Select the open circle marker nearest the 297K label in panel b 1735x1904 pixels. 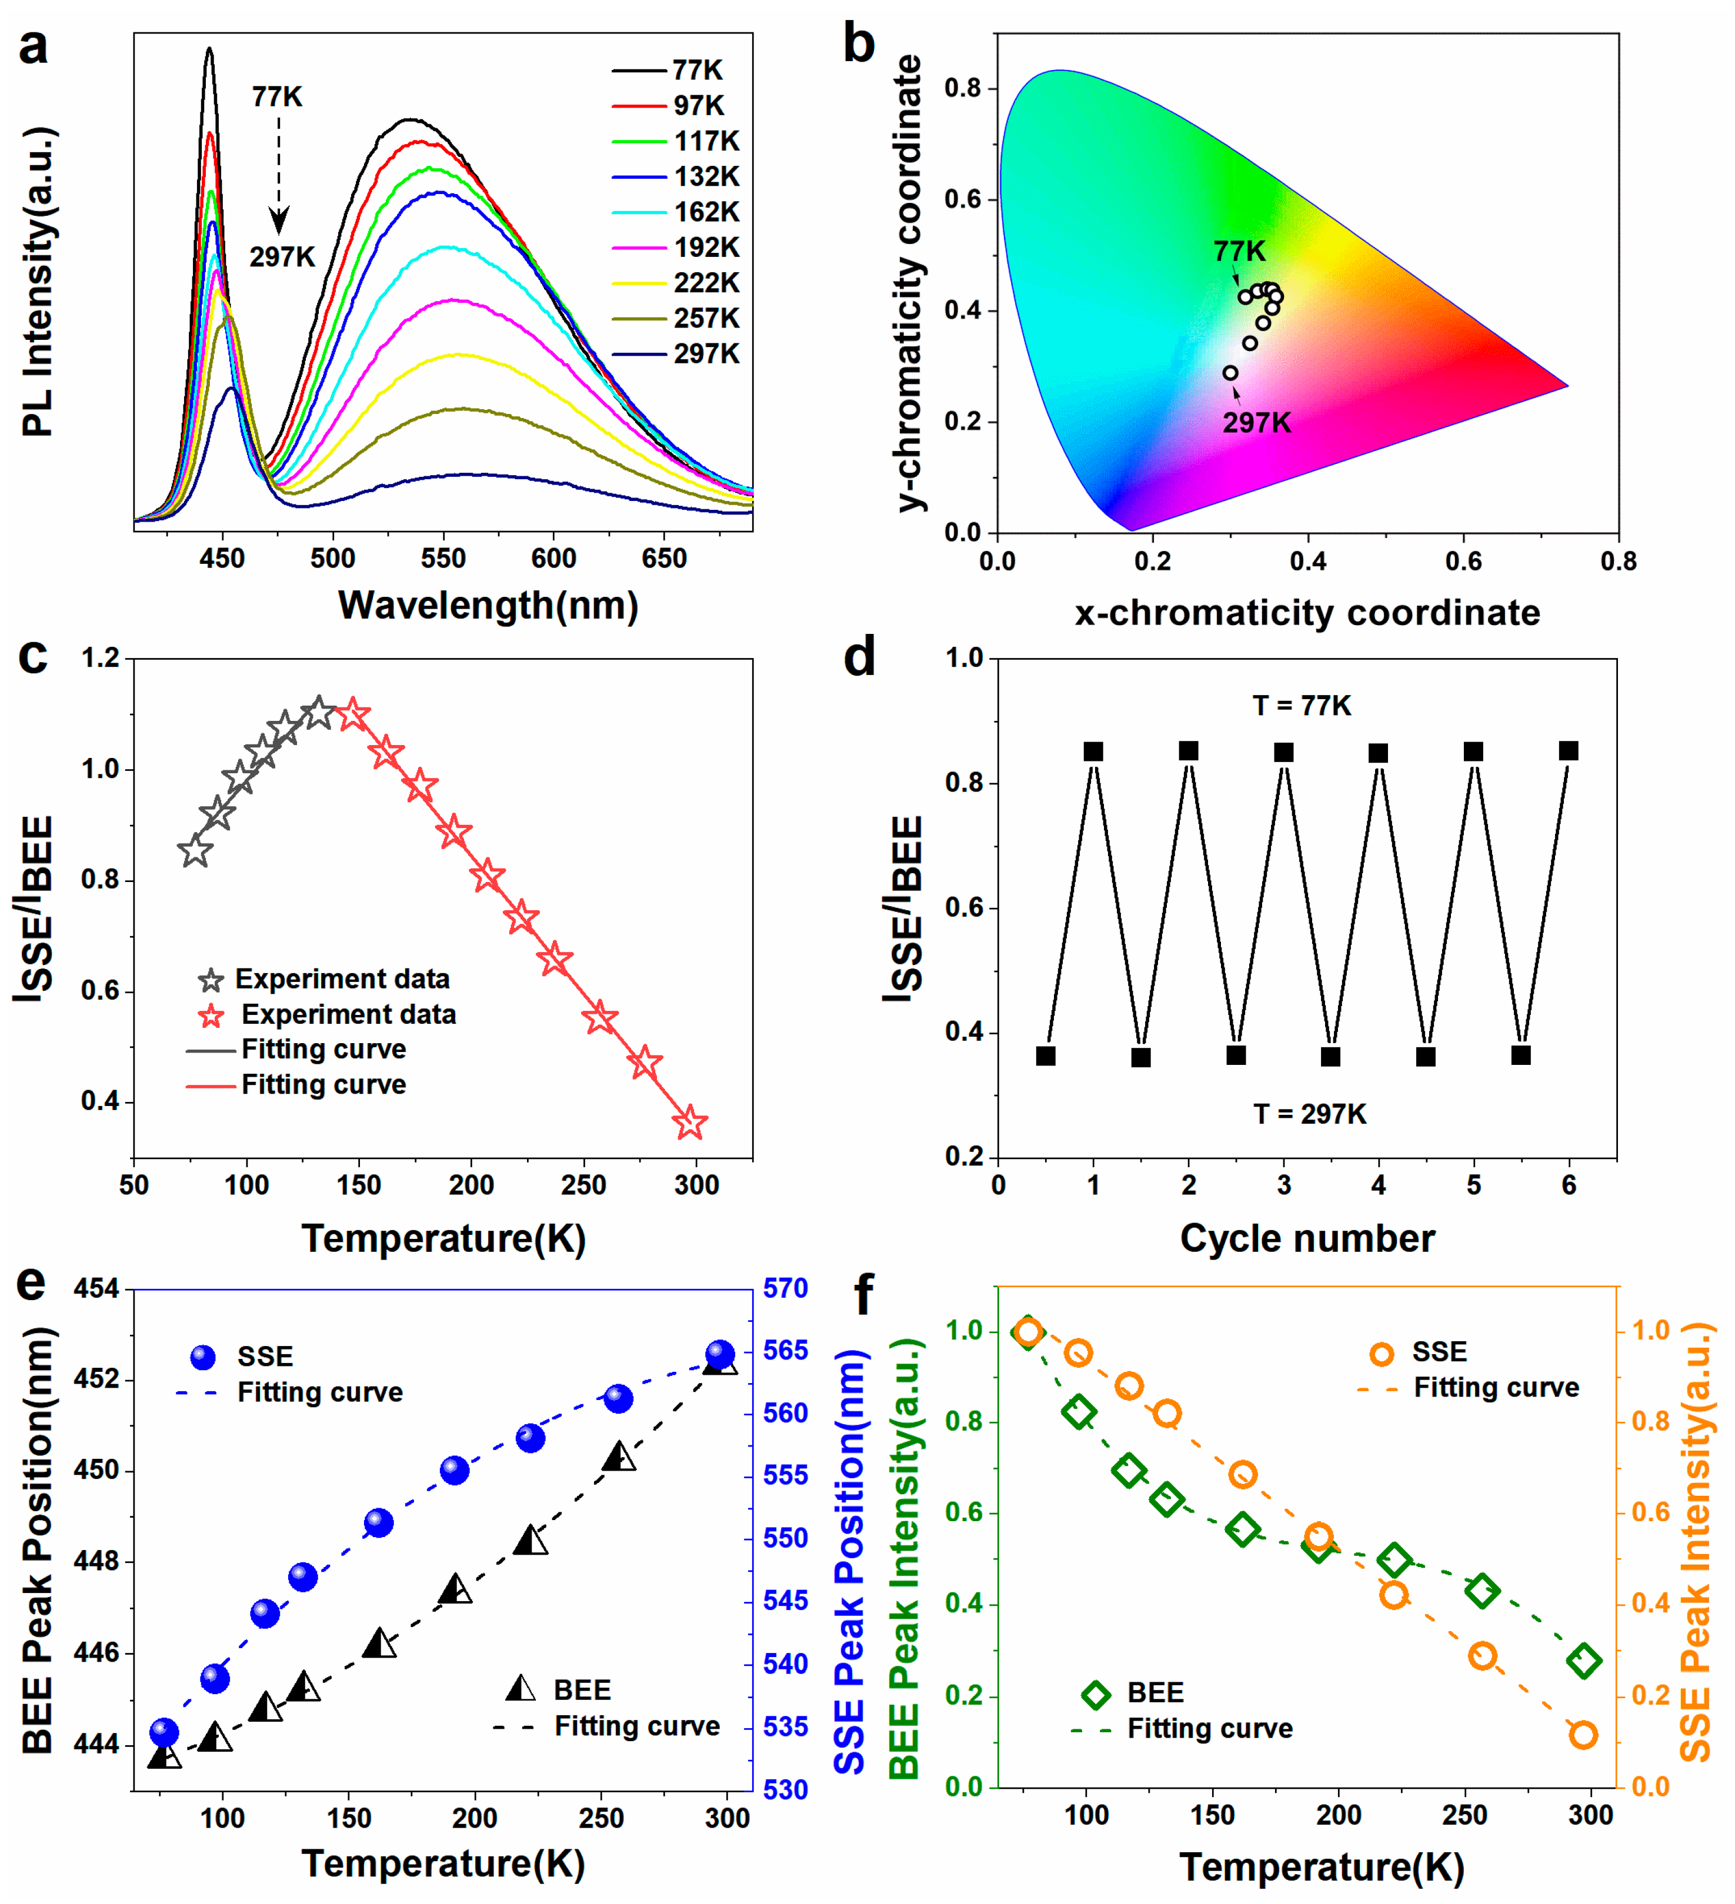click(x=1230, y=373)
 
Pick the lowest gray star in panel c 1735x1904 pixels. click(x=195, y=851)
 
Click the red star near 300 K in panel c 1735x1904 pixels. click(x=690, y=1123)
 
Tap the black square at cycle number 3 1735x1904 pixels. click(x=1283, y=753)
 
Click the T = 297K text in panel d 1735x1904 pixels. click(x=1309, y=1114)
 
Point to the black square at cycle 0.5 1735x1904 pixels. click(x=1046, y=1056)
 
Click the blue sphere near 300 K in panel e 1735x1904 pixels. click(x=720, y=1354)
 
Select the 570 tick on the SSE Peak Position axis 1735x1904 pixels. click(x=786, y=1289)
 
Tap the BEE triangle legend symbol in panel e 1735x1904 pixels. click(x=520, y=1689)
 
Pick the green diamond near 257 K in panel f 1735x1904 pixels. click(x=1483, y=1591)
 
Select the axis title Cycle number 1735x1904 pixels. click(x=1307, y=1238)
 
